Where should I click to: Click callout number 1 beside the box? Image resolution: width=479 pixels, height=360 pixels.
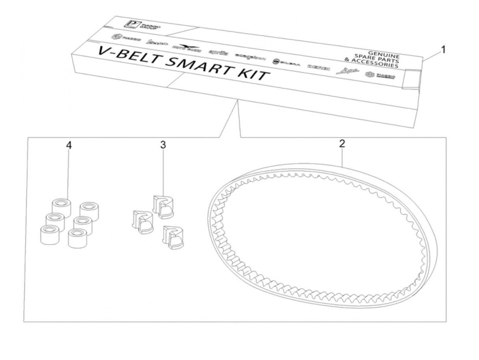click(x=443, y=50)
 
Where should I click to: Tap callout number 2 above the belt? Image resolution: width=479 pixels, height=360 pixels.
click(x=342, y=143)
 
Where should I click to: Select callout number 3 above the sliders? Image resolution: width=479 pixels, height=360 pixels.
click(x=163, y=145)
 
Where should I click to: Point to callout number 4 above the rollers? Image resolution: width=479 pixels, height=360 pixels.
click(x=69, y=145)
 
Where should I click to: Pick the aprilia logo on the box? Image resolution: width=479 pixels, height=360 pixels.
click(x=218, y=52)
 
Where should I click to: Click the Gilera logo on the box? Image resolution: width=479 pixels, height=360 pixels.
click(x=286, y=62)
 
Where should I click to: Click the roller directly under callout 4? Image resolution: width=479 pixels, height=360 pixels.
click(x=62, y=207)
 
